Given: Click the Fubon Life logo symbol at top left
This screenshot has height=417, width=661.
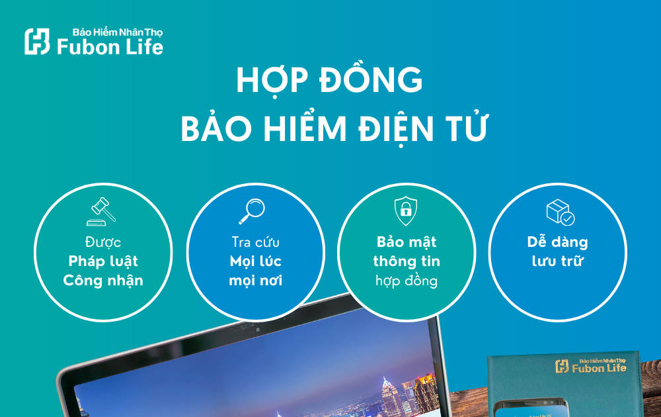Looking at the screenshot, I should [x=37, y=41].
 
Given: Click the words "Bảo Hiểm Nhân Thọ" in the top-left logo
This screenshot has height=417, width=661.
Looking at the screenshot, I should [x=118, y=32].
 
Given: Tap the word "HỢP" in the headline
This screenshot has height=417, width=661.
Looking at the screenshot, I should [x=268, y=81].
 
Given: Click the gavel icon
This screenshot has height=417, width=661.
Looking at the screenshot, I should [x=102, y=210].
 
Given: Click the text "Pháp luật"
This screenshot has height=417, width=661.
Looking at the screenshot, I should [x=103, y=261].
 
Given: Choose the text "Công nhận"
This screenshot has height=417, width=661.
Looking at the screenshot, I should [x=103, y=280].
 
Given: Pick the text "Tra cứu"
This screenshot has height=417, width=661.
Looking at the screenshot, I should [x=255, y=242].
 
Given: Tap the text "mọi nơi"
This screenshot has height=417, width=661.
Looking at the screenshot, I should [x=255, y=280].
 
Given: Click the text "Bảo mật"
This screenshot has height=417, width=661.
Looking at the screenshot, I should [x=407, y=242].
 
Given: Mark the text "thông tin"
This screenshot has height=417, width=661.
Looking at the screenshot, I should [x=407, y=261].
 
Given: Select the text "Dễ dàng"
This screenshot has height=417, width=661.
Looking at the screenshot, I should [x=558, y=242].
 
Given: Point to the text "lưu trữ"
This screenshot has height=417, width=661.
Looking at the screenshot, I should [x=558, y=261].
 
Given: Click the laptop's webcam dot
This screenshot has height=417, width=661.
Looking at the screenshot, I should [x=256, y=329].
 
